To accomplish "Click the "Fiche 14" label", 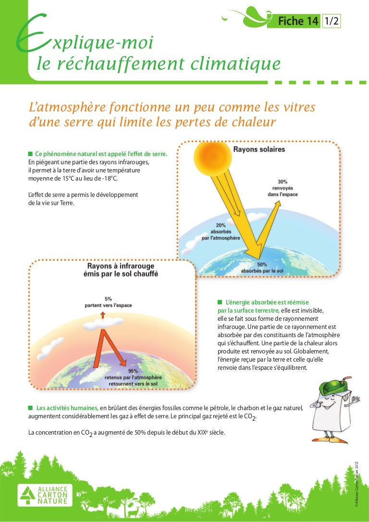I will tap(298, 21).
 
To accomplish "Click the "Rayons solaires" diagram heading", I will tap(259, 149).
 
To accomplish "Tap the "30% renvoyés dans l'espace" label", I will tap(283, 188).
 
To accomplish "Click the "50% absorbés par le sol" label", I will tap(262, 267).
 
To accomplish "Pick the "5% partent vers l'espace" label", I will tap(109, 302).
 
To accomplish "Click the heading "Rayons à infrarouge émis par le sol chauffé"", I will tap(123, 269).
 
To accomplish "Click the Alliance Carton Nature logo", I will tap(43, 495).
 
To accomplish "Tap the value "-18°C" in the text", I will tap(108, 178).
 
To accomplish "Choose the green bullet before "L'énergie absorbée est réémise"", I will tap(219, 303).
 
